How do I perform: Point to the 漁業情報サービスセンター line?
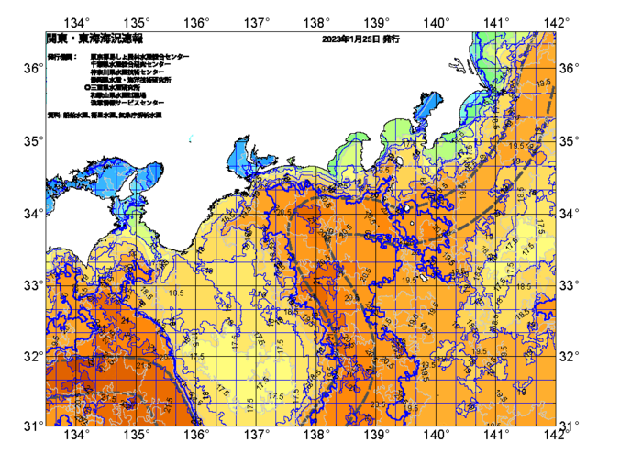(x=127, y=104)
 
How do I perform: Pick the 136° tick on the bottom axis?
(x=197, y=435)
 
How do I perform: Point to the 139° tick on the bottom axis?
(x=377, y=435)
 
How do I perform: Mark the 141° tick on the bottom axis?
(x=496, y=435)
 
